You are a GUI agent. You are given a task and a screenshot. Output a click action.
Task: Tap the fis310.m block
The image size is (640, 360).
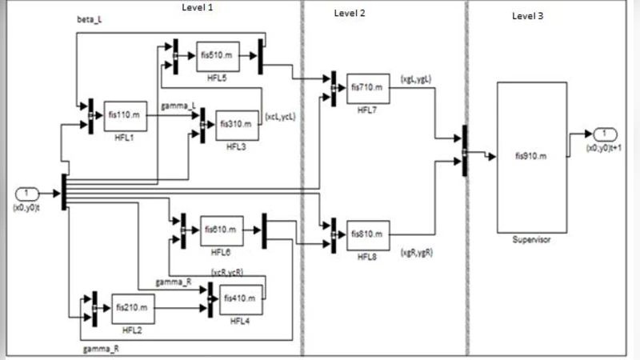click(238, 124)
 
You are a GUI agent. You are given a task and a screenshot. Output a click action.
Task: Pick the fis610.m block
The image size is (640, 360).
click(221, 230)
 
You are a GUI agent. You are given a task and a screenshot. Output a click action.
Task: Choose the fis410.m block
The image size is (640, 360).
click(242, 299)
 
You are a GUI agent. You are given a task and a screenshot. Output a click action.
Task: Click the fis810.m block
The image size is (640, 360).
click(368, 234)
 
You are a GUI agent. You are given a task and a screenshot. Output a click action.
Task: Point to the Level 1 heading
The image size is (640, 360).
click(198, 7)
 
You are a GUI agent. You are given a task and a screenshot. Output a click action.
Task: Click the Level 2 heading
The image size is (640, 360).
click(350, 14)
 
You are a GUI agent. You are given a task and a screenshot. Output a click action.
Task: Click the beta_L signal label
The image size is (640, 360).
click(89, 18)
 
